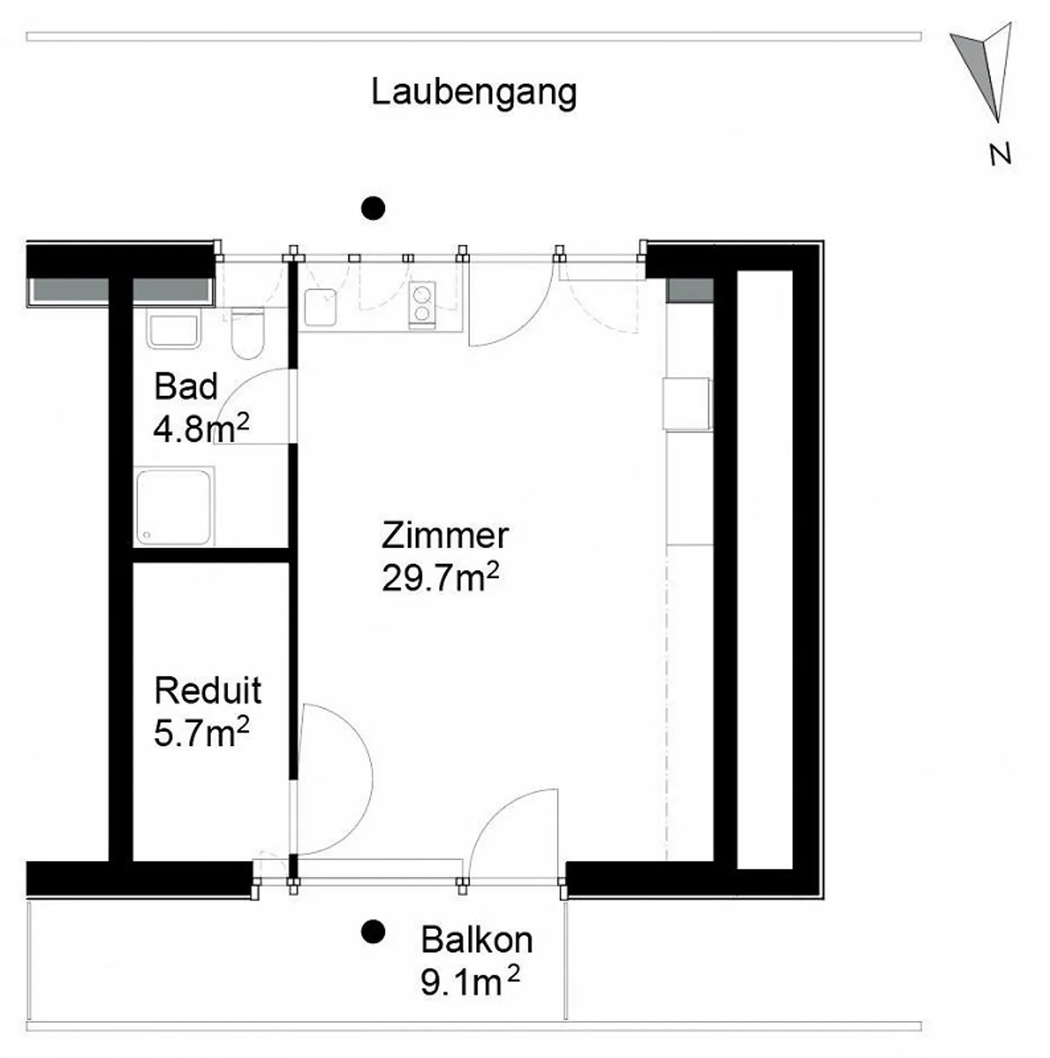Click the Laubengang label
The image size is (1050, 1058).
474,93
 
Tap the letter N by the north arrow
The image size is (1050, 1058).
1000,154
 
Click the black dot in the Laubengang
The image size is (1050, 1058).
373,209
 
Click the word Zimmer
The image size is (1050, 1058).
445,536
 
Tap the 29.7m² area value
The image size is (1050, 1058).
440,578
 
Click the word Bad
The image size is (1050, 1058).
186,386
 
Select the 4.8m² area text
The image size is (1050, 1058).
201,428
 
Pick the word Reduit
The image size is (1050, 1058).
208,691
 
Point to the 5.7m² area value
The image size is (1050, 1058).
201,732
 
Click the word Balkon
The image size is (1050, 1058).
477,940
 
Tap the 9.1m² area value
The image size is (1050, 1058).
470,982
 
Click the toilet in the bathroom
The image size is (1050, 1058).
247,335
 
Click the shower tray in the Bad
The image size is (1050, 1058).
174,507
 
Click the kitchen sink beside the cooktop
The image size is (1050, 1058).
320,307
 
